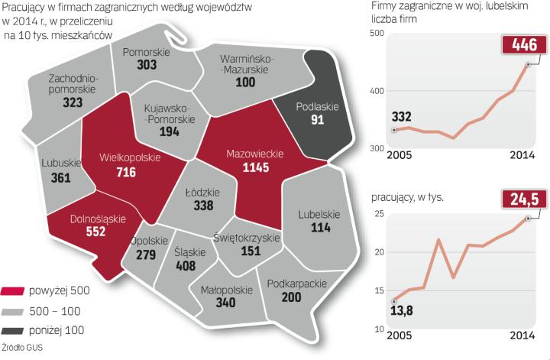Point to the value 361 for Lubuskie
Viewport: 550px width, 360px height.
click(57, 177)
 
